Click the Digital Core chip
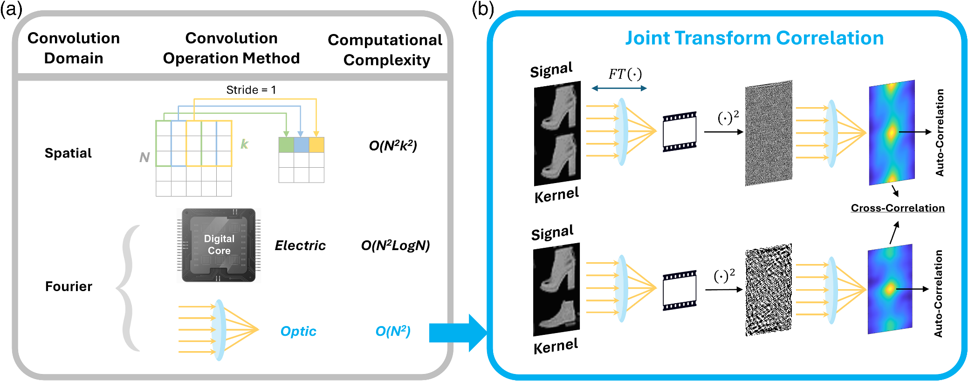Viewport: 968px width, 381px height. [219, 245]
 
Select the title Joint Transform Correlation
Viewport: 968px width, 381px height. [754, 38]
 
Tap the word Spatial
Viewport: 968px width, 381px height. [68, 153]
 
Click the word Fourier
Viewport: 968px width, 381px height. [69, 286]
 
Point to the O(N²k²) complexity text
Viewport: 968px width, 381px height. [392, 146]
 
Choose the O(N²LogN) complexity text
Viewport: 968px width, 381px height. [395, 245]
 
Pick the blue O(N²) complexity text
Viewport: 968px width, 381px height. [392, 331]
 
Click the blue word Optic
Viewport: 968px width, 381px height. [298, 331]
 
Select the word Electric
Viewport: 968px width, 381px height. [300, 245]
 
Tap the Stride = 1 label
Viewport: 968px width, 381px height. [251, 90]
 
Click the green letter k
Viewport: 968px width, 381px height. [244, 144]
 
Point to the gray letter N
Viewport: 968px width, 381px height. [144, 157]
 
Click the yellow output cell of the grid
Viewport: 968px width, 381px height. [316, 145]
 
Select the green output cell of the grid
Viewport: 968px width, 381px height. [286, 145]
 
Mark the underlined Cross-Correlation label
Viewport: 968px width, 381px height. [898, 208]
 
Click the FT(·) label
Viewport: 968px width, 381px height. [625, 74]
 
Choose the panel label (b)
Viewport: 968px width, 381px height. [482, 9]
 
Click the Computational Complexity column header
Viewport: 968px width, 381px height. [385, 50]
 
